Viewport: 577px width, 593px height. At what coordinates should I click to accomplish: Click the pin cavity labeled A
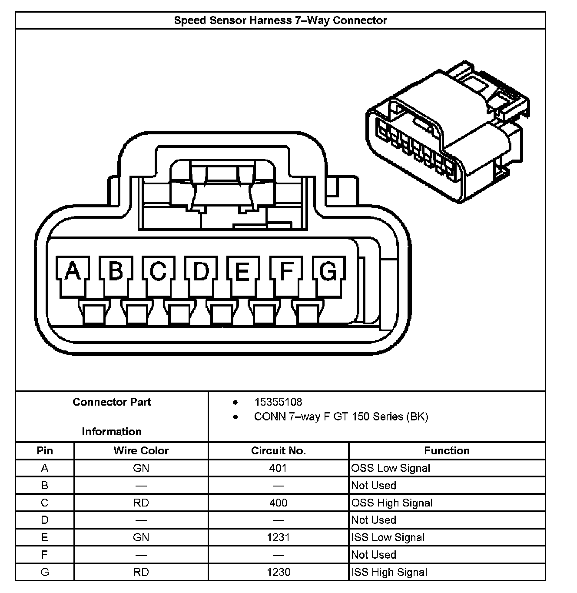click(73, 271)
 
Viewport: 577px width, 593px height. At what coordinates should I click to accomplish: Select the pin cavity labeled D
click(201, 271)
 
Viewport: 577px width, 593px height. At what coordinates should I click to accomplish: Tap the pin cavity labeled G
click(328, 271)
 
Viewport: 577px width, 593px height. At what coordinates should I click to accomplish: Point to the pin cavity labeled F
click(286, 271)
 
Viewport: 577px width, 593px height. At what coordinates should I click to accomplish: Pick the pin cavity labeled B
click(115, 271)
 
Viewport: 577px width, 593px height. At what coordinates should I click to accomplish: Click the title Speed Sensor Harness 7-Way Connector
click(280, 20)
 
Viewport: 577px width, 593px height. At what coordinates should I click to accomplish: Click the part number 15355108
click(278, 402)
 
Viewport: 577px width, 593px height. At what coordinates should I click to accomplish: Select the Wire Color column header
click(141, 451)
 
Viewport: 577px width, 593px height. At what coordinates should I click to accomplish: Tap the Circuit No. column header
click(279, 451)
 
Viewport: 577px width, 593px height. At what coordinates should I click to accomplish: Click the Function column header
click(447, 451)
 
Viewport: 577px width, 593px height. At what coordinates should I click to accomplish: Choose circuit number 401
click(278, 468)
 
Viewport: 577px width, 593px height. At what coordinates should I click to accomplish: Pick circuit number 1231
click(278, 538)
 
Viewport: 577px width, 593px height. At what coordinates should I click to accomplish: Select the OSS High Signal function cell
click(392, 503)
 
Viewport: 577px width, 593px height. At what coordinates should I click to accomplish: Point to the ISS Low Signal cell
click(388, 538)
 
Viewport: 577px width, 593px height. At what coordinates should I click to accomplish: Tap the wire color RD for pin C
click(141, 503)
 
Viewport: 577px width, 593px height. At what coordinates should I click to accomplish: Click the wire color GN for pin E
click(141, 538)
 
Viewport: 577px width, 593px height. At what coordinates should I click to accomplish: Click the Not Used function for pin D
click(374, 520)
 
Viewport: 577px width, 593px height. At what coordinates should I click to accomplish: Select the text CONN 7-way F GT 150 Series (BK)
click(341, 417)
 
